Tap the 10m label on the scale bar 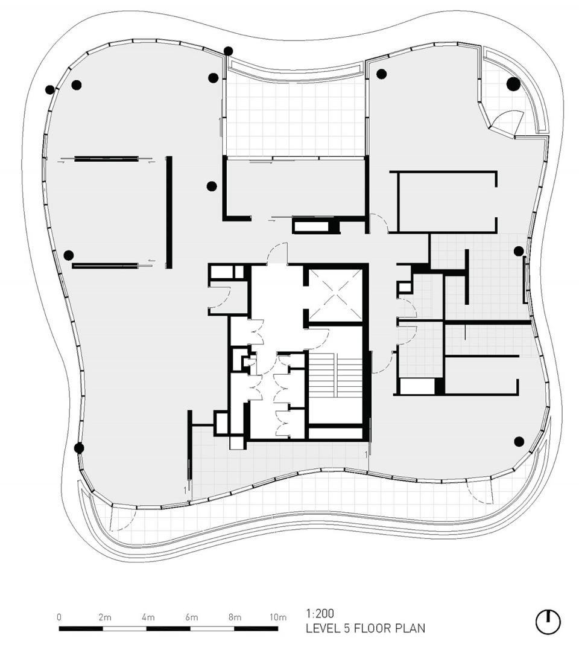coord(278,617)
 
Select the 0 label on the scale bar coord(59,617)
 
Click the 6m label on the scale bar coord(191,617)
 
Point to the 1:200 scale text coord(320,614)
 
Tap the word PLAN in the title coord(410,629)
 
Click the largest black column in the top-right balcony coord(514,84)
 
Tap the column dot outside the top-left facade coord(49,89)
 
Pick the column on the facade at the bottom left coord(79,448)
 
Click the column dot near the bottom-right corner coord(519,441)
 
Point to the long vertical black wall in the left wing coord(169,212)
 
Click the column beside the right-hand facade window coord(519,251)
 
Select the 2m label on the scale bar coord(105,617)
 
